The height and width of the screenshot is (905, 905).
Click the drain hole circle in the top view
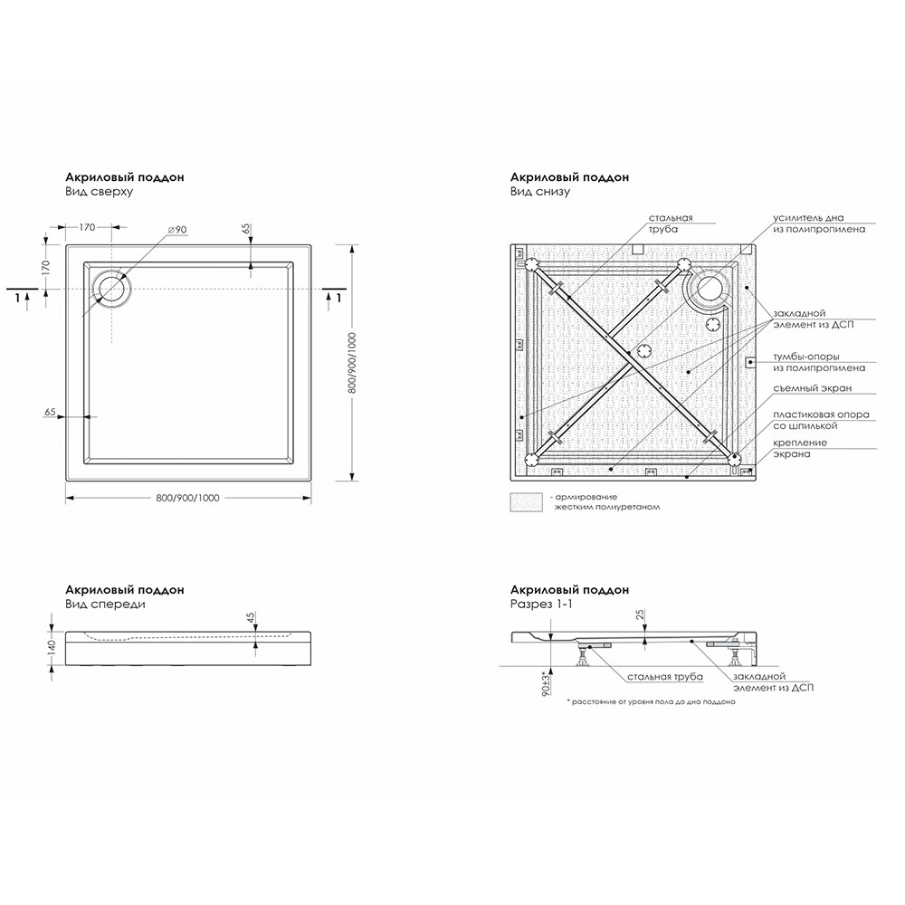point(114,288)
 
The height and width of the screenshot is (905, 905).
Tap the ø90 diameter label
point(177,230)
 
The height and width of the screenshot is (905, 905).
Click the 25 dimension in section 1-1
point(642,617)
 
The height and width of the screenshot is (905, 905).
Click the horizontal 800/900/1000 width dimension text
point(188,499)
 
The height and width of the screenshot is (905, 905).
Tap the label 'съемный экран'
point(813,388)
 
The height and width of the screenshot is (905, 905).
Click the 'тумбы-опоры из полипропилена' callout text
point(819,362)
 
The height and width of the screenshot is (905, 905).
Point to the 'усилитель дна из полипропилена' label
point(819,224)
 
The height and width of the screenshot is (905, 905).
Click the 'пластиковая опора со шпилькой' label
point(821,420)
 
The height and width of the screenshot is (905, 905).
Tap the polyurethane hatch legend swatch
point(526,502)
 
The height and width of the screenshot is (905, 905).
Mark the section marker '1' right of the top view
point(338,297)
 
